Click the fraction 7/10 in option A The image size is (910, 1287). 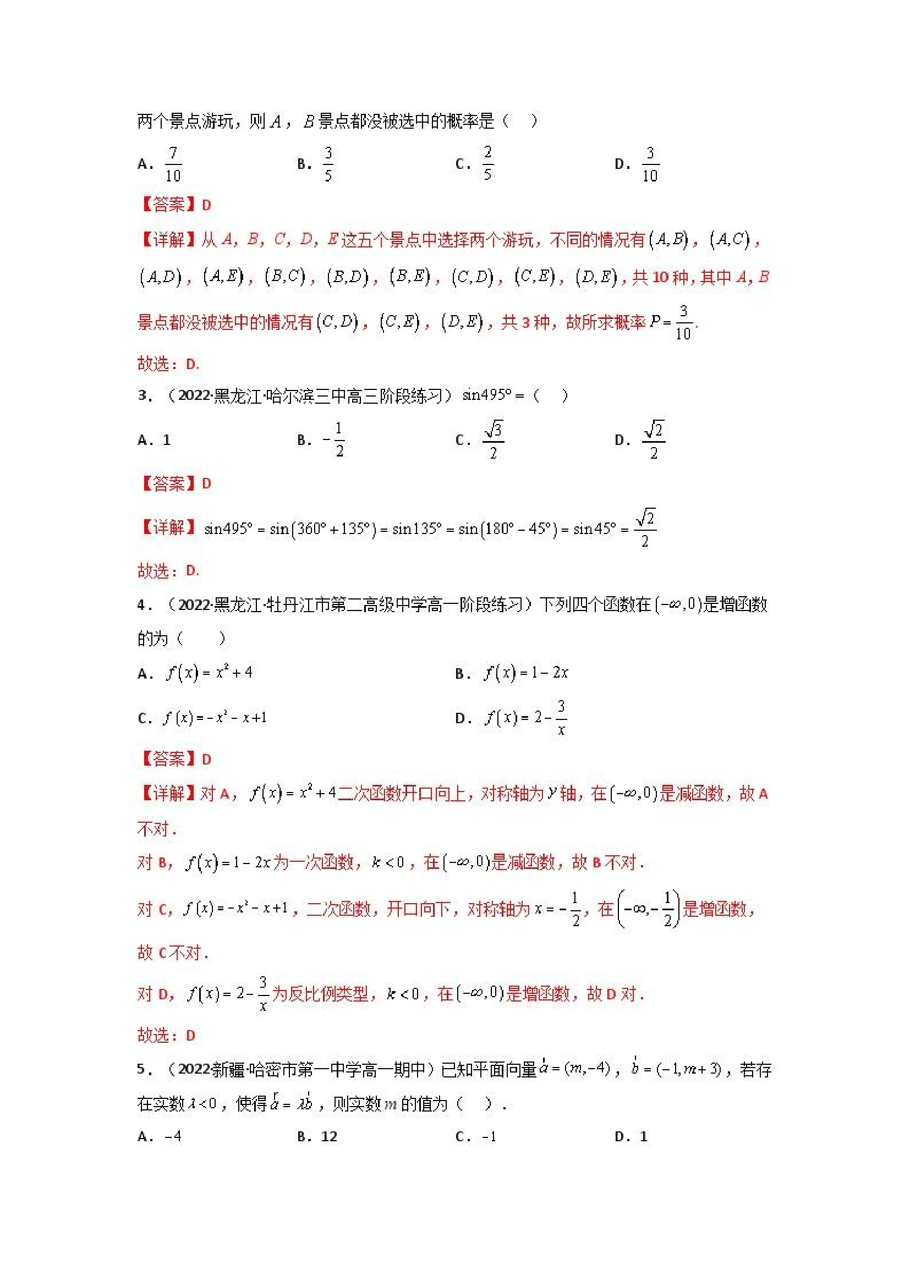173,164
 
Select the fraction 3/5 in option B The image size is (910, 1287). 328,164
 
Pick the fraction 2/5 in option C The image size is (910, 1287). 487,164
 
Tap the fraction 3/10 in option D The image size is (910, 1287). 649,164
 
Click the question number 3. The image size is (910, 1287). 144,396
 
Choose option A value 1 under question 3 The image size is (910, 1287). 167,440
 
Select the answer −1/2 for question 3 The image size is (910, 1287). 334,440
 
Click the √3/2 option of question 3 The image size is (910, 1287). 493,440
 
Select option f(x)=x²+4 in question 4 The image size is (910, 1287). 209,673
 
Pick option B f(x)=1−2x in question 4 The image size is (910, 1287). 526,673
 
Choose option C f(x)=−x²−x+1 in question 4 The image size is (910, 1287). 215,718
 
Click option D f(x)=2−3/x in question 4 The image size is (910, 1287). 526,718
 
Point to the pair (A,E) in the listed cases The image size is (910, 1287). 223,277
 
